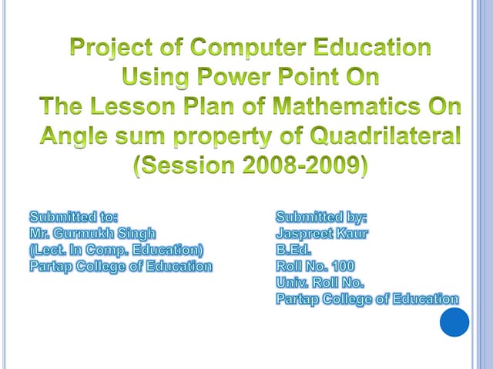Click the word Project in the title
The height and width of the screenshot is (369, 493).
(114, 48)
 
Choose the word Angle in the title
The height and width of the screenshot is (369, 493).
(75, 138)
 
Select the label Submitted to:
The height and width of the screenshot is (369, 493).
(73, 216)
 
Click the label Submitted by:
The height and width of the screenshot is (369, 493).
(321, 216)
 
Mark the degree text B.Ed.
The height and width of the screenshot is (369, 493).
(293, 250)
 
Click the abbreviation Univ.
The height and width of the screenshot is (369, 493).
(293, 282)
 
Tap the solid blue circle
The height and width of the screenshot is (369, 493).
(454, 321)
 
